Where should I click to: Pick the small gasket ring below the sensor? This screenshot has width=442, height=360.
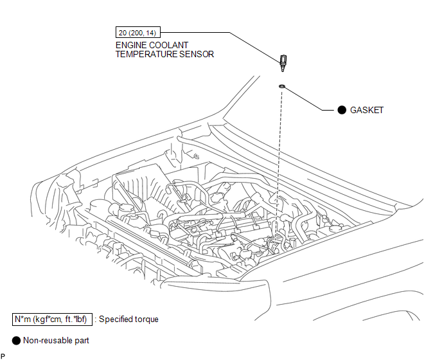[x=282, y=85]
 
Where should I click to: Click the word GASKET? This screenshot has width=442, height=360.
[x=366, y=110]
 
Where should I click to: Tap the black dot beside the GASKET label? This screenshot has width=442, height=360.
[x=342, y=110]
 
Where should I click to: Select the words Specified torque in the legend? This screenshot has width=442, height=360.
[x=130, y=319]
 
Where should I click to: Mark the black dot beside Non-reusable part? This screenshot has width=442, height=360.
[x=15, y=340]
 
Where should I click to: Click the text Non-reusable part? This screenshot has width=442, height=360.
[x=56, y=340]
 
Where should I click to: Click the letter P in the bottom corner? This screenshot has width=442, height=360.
[x=3, y=355]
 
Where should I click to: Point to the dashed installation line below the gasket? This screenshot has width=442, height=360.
[x=279, y=161]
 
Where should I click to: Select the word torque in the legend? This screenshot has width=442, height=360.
[x=146, y=319]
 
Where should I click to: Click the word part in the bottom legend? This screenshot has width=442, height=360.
[x=82, y=340]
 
